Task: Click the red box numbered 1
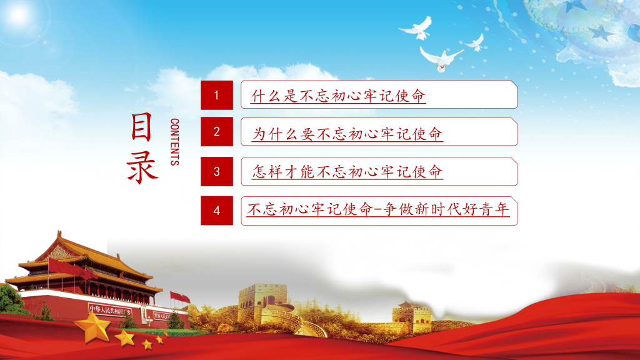tap(217, 95)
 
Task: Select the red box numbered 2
tap(217, 131)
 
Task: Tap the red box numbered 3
tap(217, 171)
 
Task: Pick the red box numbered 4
tap(217, 211)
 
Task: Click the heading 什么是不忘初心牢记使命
tap(338, 96)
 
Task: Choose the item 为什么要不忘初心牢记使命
tap(347, 134)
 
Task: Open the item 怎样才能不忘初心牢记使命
tap(347, 172)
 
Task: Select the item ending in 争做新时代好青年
tap(378, 209)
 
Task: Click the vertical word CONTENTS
tap(175, 142)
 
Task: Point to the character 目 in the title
tap(142, 126)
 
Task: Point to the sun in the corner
tap(18, 14)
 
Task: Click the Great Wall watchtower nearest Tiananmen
tap(263, 304)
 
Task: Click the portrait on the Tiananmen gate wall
tap(144, 314)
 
